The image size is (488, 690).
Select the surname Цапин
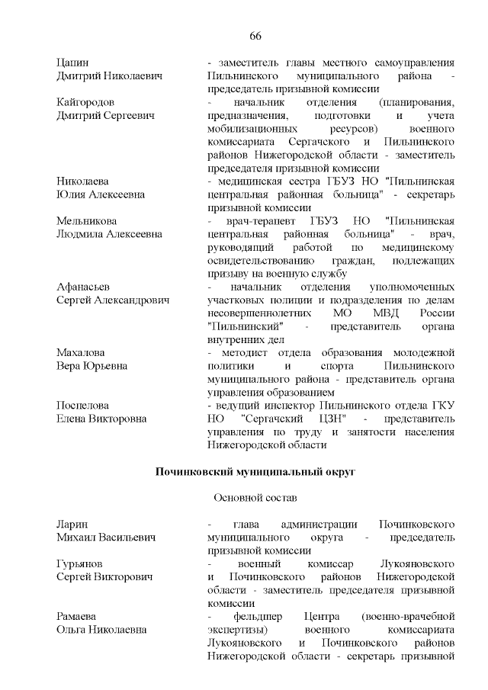click(x=73, y=62)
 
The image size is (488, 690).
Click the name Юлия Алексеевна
click(x=101, y=194)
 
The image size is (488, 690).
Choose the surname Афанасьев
click(x=84, y=287)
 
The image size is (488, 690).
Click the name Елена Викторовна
click(x=101, y=419)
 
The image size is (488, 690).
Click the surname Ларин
click(x=73, y=525)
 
